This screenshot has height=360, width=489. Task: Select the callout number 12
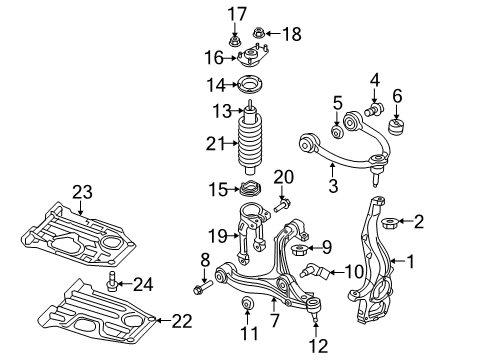pyautogui.click(x=319, y=347)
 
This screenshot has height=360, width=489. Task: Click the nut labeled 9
pyautogui.click(x=298, y=247)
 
